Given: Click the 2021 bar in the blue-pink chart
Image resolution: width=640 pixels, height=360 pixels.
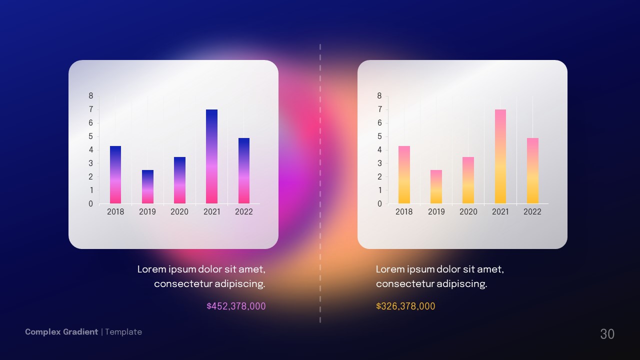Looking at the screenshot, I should [211, 156].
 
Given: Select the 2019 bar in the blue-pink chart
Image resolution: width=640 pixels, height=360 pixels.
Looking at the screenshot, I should [147, 187].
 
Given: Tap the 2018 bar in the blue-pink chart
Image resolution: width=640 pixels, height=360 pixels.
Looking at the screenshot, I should [115, 175].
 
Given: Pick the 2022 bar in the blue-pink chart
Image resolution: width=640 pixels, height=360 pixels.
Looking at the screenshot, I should [243, 171].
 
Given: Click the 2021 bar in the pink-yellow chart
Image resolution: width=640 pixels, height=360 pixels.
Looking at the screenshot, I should [500, 156].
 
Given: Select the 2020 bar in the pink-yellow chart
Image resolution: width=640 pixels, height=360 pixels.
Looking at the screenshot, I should [468, 180].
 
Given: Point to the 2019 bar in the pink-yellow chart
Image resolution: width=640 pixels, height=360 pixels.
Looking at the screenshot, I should [436, 187].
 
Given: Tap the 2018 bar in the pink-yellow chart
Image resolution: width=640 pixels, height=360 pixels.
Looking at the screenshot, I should [404, 175].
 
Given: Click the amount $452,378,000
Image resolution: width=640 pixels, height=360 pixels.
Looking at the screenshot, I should [236, 306].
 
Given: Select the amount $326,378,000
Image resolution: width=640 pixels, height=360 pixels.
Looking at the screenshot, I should [405, 306].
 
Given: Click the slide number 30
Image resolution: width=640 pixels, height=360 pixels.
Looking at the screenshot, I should [607, 334].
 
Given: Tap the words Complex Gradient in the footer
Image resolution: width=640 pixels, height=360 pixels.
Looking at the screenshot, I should [61, 332].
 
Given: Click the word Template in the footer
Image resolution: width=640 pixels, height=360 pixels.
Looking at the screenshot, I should [123, 332].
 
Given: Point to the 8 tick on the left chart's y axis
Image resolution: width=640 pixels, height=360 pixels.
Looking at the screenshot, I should [91, 96].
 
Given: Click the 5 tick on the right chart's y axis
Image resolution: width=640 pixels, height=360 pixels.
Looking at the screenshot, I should [379, 136].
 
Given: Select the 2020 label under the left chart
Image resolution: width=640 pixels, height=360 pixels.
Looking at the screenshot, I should [179, 211].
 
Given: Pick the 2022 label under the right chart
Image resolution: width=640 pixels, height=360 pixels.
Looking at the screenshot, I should [532, 211].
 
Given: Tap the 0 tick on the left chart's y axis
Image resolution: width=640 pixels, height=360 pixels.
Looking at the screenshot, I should [91, 204].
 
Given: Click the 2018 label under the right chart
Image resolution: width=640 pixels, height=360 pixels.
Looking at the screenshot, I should [404, 211].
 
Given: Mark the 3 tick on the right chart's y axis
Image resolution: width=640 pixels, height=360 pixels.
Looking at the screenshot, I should [379, 163].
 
